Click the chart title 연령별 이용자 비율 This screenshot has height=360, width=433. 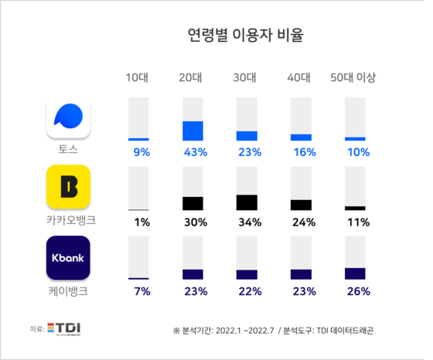[x=246, y=35]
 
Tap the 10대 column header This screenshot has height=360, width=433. [x=137, y=77]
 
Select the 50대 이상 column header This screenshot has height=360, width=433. [x=353, y=77]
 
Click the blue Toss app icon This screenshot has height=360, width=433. [x=68, y=117]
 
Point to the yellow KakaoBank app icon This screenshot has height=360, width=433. [x=68, y=187]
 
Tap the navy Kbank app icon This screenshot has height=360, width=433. [x=68, y=258]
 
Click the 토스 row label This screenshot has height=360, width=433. [x=68, y=149]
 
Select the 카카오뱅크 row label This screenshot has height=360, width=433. [x=71, y=220]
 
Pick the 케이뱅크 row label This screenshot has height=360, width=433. [x=68, y=291]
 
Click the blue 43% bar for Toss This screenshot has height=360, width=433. [x=193, y=131]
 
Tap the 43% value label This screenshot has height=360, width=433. [x=196, y=152]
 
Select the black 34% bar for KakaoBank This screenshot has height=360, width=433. [x=247, y=202]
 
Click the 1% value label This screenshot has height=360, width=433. [x=142, y=222]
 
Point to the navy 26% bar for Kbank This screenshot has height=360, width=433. [x=355, y=273]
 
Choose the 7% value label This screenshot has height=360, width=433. [x=142, y=291]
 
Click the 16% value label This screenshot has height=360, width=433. [x=305, y=152]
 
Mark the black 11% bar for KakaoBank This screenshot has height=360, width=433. [x=355, y=209]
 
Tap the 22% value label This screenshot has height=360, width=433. [x=251, y=291]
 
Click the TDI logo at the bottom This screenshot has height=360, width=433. [x=63, y=329]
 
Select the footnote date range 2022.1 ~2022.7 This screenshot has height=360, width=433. [x=244, y=331]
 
